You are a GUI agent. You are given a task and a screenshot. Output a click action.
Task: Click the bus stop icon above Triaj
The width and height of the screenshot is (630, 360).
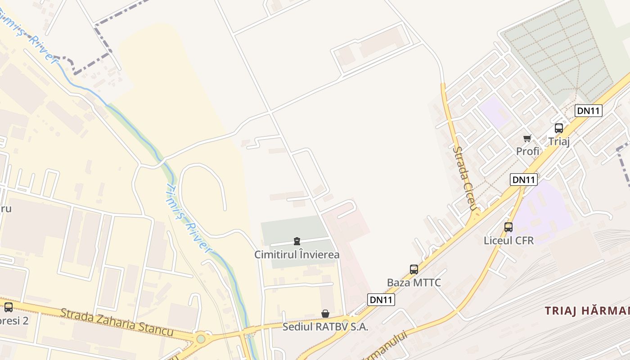559,128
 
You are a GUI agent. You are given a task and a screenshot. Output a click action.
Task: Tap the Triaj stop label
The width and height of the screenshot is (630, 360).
559,141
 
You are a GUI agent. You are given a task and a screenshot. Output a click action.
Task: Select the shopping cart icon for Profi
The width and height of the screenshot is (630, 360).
527,138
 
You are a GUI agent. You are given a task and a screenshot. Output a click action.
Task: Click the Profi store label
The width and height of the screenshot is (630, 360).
527,151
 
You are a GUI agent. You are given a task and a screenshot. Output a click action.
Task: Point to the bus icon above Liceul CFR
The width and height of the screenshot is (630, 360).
508,227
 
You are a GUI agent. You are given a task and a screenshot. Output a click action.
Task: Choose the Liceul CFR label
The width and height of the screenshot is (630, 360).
508,240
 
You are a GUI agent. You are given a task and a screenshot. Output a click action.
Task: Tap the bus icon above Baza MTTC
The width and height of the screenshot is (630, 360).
414,270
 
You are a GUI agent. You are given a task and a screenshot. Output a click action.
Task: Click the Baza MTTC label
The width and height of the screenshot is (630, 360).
414,283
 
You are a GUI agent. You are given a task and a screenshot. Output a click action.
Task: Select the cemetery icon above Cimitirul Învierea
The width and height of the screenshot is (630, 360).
297,242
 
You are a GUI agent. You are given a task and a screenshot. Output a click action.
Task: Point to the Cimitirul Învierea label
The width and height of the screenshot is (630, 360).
297,255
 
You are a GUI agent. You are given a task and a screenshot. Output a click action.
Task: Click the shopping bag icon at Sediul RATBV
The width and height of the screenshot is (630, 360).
325,314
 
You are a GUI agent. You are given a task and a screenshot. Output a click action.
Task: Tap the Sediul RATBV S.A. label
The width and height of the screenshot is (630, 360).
325,327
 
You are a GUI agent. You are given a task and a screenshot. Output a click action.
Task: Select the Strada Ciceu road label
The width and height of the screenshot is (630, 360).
465,178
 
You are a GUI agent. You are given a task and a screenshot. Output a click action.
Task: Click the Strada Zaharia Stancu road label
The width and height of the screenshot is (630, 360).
117,321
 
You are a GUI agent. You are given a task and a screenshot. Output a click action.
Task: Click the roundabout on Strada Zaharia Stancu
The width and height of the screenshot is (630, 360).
201,338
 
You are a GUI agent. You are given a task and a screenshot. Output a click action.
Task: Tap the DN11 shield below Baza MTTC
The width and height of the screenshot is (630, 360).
381,300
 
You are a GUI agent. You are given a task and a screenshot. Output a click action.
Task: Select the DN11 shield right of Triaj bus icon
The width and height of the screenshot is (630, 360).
589,111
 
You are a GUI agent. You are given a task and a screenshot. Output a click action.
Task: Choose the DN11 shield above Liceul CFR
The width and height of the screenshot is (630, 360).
524,180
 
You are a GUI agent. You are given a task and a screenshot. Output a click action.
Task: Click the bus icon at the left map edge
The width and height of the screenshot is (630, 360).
9,307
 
